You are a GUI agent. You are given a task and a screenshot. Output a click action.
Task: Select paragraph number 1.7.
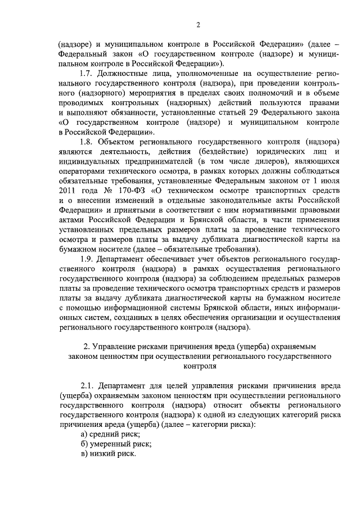87,73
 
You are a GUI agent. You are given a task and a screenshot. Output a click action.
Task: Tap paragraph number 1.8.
87,142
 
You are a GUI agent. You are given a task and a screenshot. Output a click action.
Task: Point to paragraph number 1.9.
87,260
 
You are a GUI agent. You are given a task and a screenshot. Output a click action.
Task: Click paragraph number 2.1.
87,386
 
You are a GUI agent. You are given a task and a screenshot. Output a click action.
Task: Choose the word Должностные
123,73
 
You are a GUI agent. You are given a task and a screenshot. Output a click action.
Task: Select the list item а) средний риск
111,435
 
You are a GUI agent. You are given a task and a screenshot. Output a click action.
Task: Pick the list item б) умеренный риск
116,444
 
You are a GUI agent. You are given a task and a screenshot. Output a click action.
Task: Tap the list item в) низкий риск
109,454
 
